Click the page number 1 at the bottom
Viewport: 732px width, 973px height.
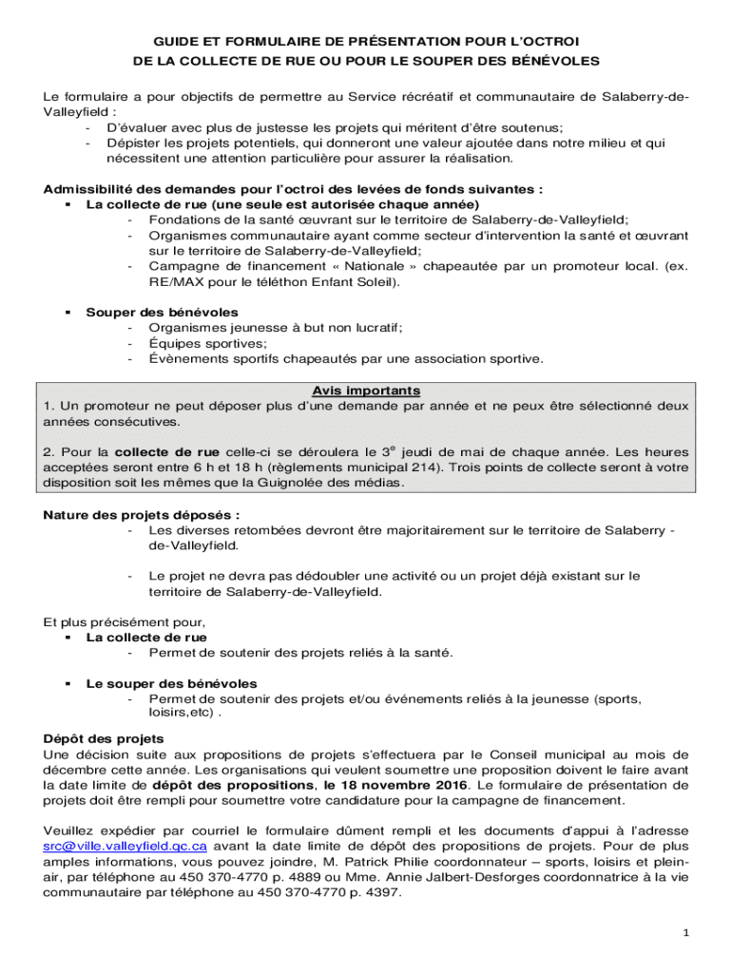[x=685, y=932]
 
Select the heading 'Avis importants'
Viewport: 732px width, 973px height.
[x=366, y=391]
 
